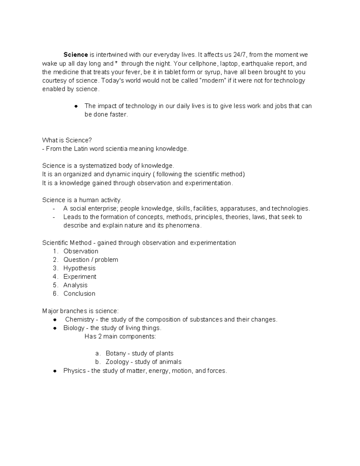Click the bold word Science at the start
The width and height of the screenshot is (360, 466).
pos(75,55)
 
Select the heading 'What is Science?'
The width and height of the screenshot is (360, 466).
pos(67,140)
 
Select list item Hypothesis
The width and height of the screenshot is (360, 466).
pos(79,268)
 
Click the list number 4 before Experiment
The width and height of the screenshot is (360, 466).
pos(55,277)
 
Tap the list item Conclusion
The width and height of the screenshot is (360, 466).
pos(79,294)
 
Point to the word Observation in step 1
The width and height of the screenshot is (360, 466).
pos(81,251)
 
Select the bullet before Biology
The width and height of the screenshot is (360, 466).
pos(55,328)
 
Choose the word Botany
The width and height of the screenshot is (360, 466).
pos(115,353)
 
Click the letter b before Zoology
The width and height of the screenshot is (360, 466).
pos(97,362)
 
